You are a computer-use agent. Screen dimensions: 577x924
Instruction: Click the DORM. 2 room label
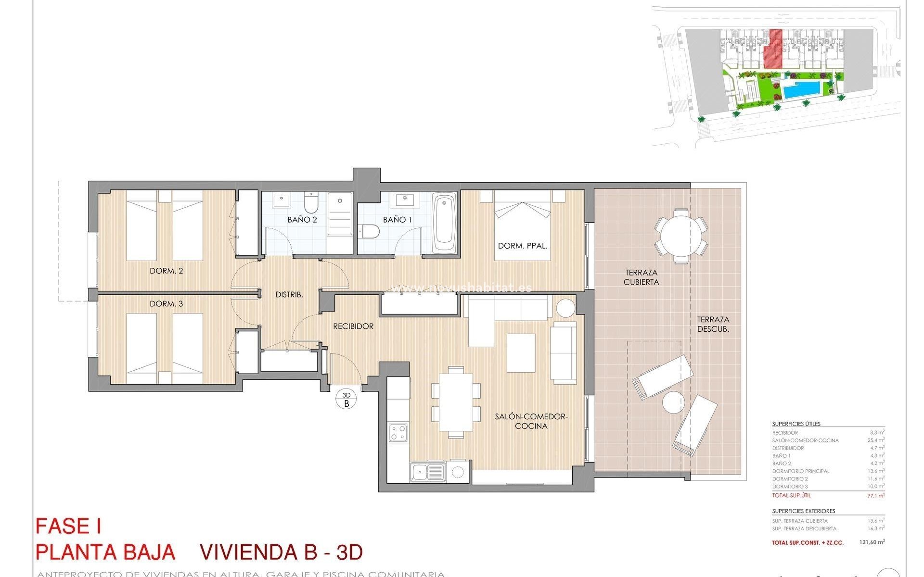tap(166, 271)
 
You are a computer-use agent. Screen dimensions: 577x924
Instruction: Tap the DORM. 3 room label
tap(166, 304)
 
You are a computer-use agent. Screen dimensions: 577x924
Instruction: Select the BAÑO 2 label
tap(302, 220)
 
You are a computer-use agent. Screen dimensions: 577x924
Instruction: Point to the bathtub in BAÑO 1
tap(444, 223)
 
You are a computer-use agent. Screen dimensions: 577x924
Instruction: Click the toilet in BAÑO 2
tap(311, 203)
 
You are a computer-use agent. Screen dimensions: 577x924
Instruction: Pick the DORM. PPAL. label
tap(523, 246)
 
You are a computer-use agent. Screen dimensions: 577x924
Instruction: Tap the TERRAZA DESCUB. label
tap(713, 324)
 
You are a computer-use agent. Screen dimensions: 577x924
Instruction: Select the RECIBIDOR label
tap(353, 326)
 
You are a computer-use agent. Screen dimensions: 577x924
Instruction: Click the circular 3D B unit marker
tap(346, 400)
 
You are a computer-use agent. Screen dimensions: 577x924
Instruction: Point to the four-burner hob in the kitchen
tap(398, 432)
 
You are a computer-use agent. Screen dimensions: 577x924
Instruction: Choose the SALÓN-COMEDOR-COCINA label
tap(531, 421)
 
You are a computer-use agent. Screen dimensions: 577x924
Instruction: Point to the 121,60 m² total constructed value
tap(872, 542)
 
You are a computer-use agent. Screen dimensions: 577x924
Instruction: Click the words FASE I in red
tap(68, 527)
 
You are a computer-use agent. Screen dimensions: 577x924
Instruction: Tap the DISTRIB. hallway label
tap(289, 295)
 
